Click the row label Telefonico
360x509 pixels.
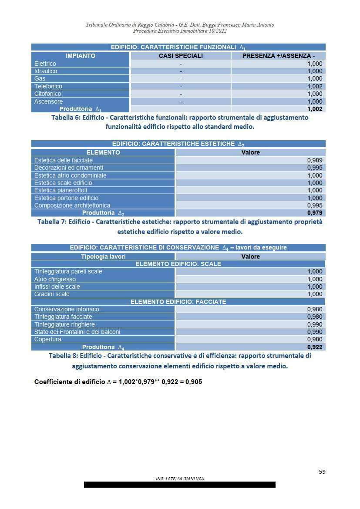(48, 86)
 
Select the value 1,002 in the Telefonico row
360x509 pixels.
(315, 86)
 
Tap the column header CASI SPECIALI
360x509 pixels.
(181, 56)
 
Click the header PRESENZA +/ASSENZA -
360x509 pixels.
(278, 56)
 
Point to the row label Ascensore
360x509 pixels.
(48, 101)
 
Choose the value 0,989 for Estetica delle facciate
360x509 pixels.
(315, 160)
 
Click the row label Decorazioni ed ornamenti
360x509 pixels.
(68, 168)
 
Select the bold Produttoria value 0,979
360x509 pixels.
(315, 213)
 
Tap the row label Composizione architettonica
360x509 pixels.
(72, 206)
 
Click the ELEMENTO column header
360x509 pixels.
(103, 152)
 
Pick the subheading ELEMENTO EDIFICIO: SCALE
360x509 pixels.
(178, 264)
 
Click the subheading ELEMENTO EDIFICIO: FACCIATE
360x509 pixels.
(178, 302)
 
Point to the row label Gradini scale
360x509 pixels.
(52, 294)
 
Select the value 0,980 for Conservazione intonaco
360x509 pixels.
(315, 309)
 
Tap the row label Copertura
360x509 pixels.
(47, 339)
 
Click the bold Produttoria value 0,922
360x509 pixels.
(315, 347)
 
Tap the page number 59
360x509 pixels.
(322, 472)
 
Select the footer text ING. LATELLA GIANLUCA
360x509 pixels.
(180, 479)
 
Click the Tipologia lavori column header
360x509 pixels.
(103, 256)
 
